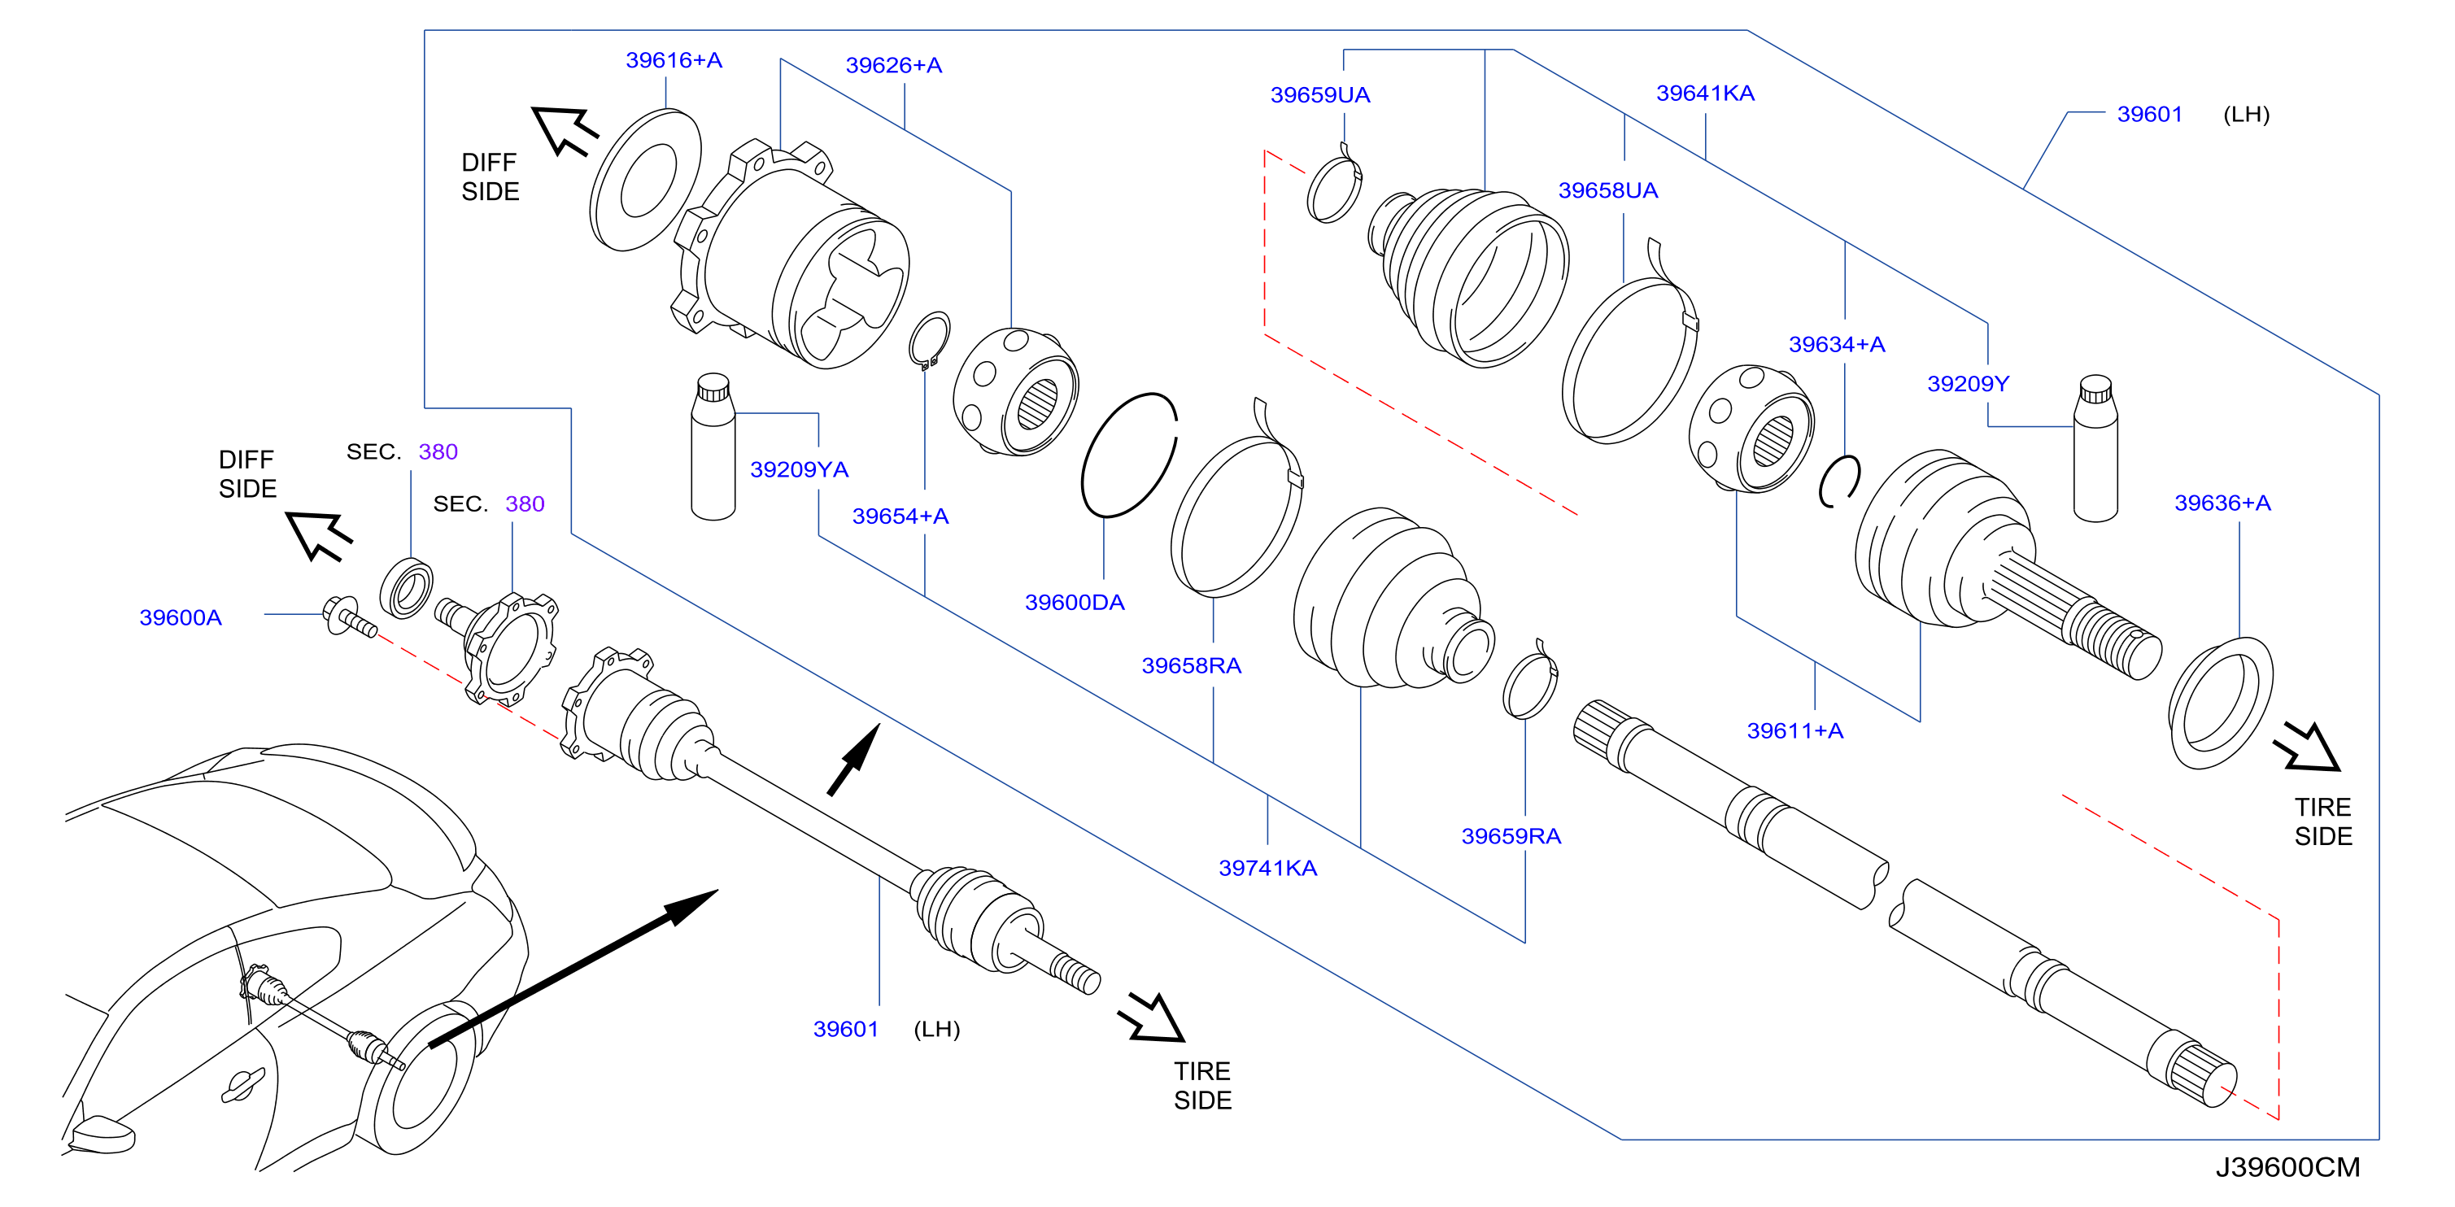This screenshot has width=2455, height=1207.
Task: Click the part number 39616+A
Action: [x=674, y=60]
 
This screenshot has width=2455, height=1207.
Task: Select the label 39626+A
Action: [x=894, y=65]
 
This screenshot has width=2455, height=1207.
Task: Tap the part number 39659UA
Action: [x=1320, y=94]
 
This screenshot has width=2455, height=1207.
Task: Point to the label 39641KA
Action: [x=1705, y=93]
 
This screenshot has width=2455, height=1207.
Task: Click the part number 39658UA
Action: [x=1607, y=190]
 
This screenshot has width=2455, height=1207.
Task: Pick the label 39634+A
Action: [x=1837, y=344]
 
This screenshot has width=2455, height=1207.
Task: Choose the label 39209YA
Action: [x=799, y=468]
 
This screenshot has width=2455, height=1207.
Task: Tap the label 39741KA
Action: [x=1267, y=868]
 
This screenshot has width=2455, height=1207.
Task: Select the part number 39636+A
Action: [x=2222, y=502]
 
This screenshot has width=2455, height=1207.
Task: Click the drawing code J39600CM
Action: [x=2287, y=1167]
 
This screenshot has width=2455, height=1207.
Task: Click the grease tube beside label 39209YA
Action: [x=713, y=446]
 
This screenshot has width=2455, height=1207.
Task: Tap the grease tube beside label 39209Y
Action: [x=2095, y=447]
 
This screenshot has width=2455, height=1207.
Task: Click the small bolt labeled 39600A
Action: [x=349, y=617]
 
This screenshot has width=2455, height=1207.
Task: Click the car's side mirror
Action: [x=103, y=1134]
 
